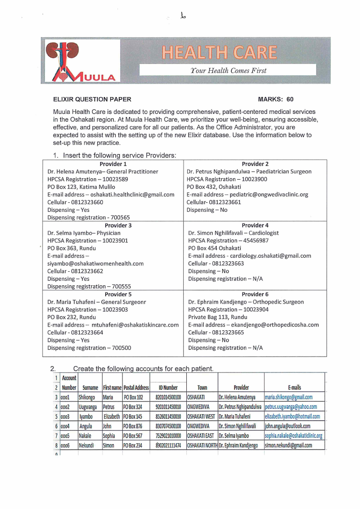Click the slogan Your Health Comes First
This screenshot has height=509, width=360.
point(228,70)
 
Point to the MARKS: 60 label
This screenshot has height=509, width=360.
point(276,99)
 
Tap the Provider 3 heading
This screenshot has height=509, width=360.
point(118,225)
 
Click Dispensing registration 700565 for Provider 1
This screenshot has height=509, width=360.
point(88,217)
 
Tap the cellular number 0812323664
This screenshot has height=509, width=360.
point(75,333)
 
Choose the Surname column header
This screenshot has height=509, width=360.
point(90,387)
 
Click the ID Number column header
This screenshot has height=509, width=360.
point(168,387)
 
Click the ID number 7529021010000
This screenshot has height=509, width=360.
point(168,436)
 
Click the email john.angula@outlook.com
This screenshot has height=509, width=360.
point(287,426)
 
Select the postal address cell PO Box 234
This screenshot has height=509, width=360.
point(133,445)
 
